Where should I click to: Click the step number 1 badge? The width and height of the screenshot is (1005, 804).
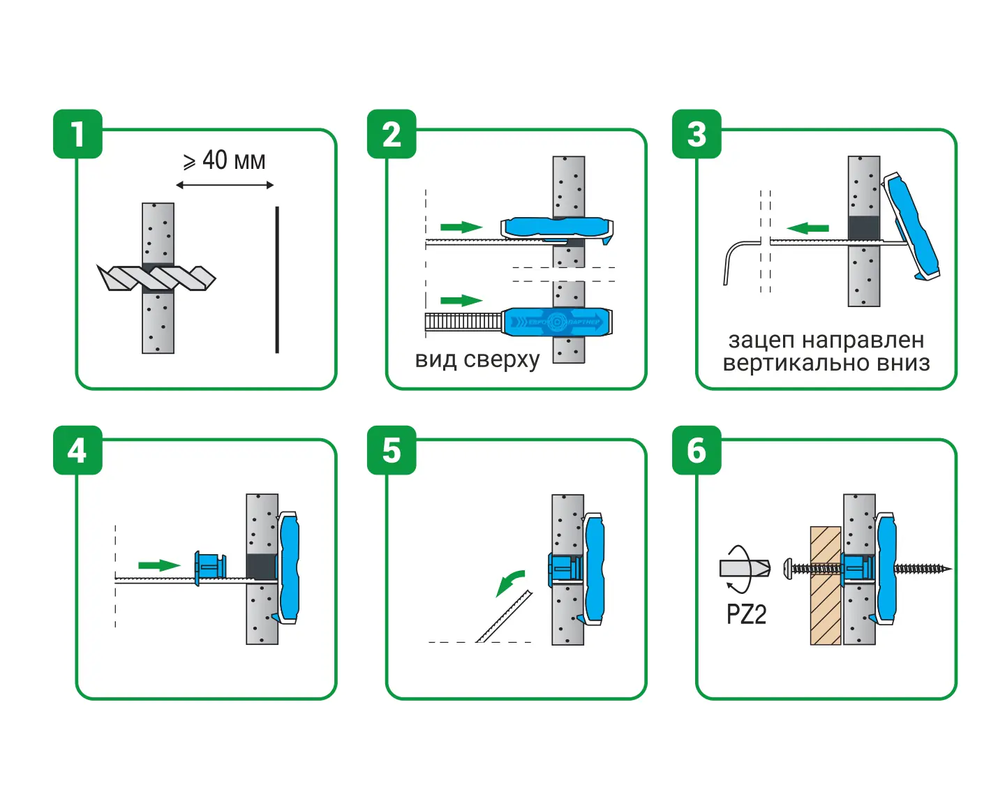[x=77, y=134]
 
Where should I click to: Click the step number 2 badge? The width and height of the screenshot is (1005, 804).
[x=392, y=134]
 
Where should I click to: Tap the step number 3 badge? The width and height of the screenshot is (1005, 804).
[x=697, y=134]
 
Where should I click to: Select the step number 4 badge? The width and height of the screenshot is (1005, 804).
[x=77, y=450]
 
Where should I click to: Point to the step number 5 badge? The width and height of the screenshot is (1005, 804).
[x=392, y=450]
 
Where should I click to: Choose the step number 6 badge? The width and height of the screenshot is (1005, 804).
[x=697, y=450]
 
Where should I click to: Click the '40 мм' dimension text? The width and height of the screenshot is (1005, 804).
[x=233, y=161]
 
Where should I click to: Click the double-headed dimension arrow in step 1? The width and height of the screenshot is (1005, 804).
[x=225, y=185]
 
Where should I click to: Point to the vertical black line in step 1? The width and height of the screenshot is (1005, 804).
[x=277, y=279]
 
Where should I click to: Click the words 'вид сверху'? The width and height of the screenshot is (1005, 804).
[x=477, y=359]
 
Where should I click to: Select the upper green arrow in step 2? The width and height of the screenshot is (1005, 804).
[x=461, y=227]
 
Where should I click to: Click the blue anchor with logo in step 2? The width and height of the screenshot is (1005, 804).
[x=557, y=322]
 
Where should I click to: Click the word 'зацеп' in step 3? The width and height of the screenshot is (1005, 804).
[x=761, y=341]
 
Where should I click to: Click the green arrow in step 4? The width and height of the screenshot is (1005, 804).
[x=159, y=565]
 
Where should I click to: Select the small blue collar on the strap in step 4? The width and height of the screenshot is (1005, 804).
[x=209, y=565]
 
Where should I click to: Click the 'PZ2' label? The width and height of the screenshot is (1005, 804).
[x=746, y=614]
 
